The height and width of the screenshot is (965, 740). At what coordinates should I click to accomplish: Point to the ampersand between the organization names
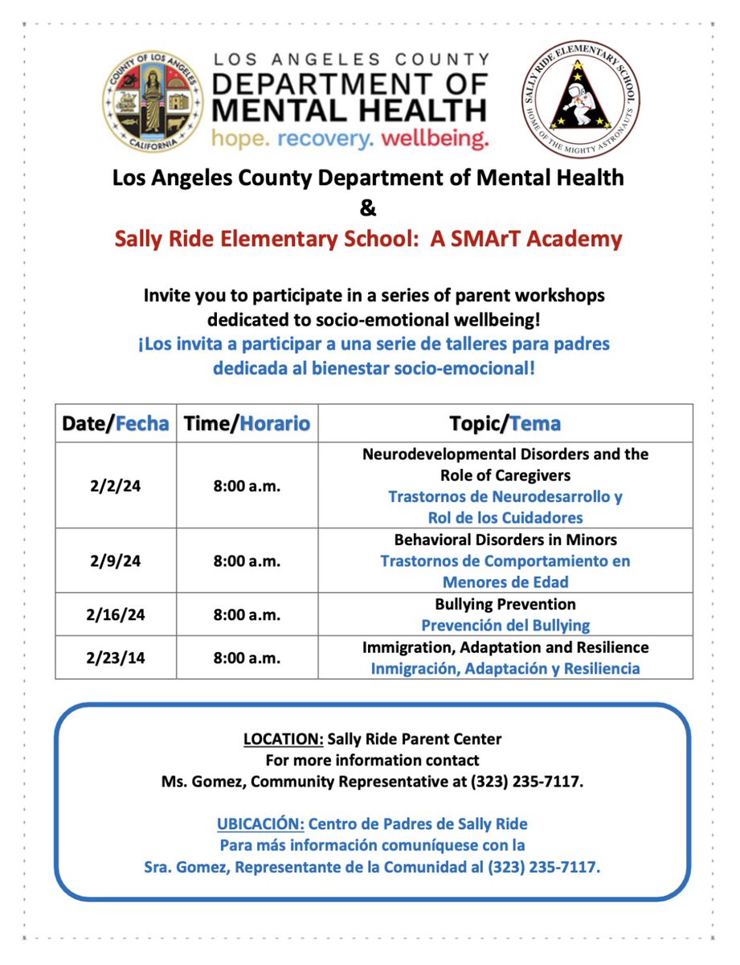coord(367,207)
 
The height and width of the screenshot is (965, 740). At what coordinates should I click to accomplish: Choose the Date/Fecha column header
coord(116,424)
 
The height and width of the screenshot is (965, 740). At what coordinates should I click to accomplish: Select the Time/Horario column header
coord(247,424)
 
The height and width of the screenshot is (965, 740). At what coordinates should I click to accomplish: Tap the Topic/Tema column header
coord(505,424)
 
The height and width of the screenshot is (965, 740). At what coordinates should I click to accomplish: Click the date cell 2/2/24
coord(116,486)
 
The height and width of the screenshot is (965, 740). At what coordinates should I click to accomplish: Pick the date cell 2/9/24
coord(116,561)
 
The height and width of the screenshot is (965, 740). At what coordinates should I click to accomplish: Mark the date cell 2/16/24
coord(116,614)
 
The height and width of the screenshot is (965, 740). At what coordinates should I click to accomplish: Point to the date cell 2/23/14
coord(116,658)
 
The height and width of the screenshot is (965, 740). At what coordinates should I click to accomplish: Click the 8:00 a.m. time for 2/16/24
coord(247,614)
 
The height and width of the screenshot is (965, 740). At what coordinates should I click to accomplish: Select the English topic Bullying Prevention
coord(505,604)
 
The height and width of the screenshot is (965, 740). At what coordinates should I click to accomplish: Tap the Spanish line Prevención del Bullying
coord(505,625)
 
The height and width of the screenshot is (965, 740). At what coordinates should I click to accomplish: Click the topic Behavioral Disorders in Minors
coord(505,540)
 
